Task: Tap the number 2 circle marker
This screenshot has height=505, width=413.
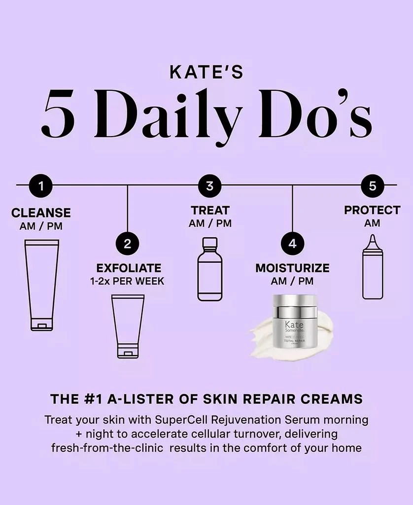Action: pyautogui.click(x=128, y=244)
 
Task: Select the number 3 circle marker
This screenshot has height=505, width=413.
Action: pyautogui.click(x=210, y=186)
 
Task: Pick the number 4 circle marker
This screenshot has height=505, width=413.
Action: pyautogui.click(x=293, y=244)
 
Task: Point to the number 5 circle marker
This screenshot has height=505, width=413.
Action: pyautogui.click(x=372, y=186)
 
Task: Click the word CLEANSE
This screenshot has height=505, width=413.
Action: pyautogui.click(x=41, y=213)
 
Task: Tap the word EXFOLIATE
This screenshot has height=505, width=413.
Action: pyautogui.click(x=129, y=268)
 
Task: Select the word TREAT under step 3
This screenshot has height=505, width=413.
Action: pyautogui.click(x=210, y=211)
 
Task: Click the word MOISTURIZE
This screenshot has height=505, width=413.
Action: pyautogui.click(x=292, y=268)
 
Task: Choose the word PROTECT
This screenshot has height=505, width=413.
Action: pyautogui.click(x=372, y=210)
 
